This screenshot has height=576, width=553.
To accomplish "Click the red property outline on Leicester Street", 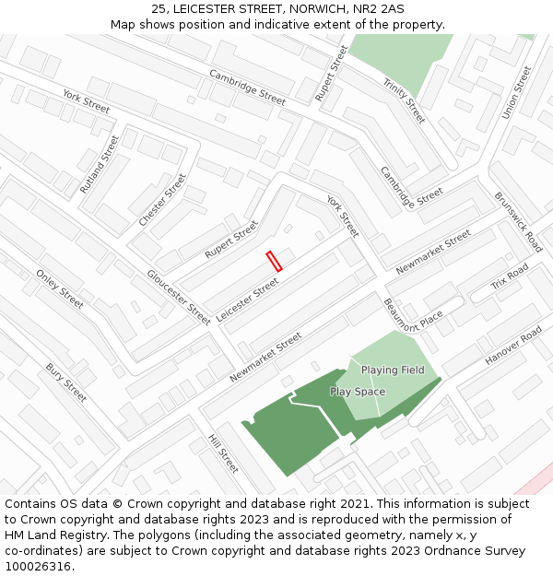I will [x=274, y=261].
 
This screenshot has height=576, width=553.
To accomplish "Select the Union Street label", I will [x=516, y=92].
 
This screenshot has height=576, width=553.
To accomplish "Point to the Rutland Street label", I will [x=100, y=164].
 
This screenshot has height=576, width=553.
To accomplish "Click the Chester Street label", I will [x=162, y=200].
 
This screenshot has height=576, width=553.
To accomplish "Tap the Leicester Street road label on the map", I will [x=248, y=300].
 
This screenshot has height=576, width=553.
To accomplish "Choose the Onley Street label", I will [x=60, y=289].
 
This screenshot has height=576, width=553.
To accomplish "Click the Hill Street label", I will [x=223, y=453].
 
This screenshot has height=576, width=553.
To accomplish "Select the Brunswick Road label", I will [x=518, y=222].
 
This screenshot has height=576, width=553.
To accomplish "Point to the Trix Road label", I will [x=510, y=276].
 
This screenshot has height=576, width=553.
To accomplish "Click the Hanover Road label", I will [x=513, y=346].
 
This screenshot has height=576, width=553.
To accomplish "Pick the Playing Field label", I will [x=393, y=370].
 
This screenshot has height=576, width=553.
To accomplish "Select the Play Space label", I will [x=358, y=392].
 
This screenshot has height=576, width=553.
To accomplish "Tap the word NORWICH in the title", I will [x=313, y=8].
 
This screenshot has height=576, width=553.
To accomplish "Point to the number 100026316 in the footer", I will [x=38, y=567].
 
